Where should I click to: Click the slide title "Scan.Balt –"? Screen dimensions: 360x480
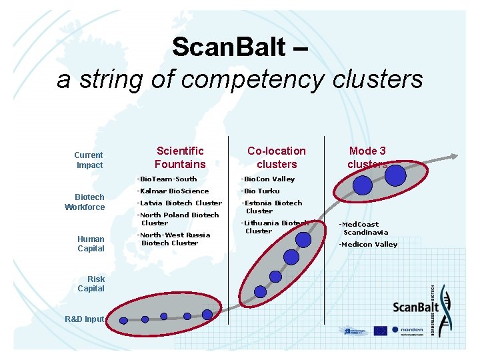239,47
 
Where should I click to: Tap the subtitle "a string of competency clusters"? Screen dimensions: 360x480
240,79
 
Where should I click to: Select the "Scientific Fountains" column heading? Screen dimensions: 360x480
180,157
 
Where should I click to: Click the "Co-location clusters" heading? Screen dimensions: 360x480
276,157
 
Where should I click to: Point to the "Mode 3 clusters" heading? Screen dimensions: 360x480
367,157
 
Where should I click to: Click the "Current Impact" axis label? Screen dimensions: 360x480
89,160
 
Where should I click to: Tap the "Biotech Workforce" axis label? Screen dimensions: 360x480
85,202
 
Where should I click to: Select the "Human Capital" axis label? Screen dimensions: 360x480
91,243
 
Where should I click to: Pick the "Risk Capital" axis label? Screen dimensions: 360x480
91,284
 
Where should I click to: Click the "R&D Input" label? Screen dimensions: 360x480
85,319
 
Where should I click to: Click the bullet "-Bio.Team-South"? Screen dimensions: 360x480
167,179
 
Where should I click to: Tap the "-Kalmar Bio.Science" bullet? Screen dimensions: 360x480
173,191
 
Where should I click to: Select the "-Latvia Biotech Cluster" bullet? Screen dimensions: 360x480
179,203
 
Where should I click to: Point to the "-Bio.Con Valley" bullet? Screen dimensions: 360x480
267,179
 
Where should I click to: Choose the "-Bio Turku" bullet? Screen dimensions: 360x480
260,191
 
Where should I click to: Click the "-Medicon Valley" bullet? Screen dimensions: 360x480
368,244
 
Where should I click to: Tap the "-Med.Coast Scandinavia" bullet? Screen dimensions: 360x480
363,228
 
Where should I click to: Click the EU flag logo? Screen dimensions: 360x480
380,329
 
